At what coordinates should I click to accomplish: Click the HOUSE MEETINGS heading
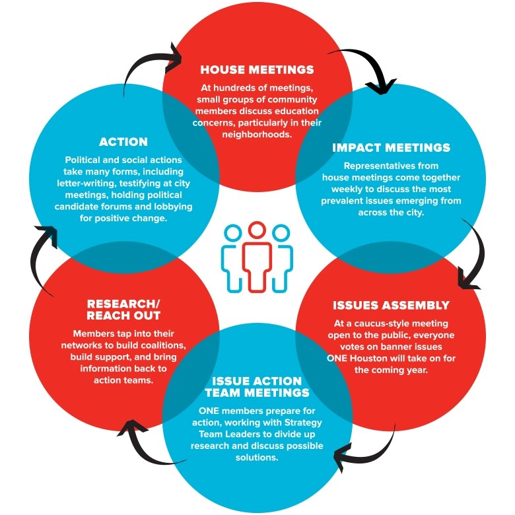(257, 69)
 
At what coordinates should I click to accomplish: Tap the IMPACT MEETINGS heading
(391, 147)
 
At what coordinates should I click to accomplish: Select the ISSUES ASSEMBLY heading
(391, 305)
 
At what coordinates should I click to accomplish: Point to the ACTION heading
(123, 141)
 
